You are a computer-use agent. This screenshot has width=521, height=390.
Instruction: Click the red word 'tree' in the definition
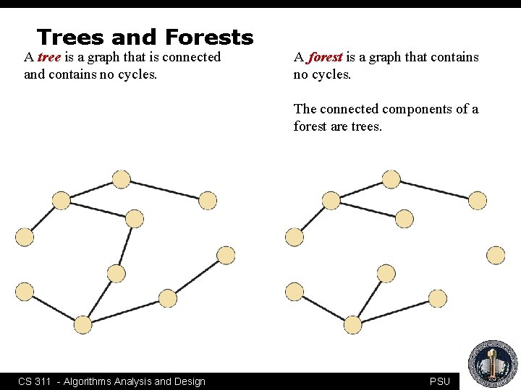49,57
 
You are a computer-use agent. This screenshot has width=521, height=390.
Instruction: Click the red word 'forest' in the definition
325,57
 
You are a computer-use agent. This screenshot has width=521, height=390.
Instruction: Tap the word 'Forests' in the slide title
209,37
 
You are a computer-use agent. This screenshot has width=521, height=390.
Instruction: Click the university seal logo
493,364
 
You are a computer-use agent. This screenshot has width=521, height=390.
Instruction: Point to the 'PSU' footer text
439,381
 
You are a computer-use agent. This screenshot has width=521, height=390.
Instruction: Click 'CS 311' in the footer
34,381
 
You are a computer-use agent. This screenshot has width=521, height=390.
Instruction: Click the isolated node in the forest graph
496,255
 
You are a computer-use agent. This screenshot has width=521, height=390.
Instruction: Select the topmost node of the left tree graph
122,179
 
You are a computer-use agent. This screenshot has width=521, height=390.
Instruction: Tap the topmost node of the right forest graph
391,179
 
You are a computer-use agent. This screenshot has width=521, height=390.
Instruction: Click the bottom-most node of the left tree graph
83,325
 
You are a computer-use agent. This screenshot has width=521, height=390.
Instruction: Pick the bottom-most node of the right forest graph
352,325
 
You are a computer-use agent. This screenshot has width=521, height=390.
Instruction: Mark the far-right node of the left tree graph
226,255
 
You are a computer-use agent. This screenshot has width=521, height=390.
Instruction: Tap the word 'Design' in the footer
189,381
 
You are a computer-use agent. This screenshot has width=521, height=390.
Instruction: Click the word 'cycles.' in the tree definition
135,74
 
